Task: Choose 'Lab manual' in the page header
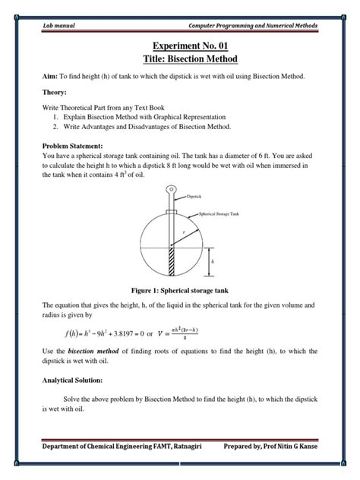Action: [58, 27]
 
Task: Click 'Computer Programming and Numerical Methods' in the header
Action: [252, 27]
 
